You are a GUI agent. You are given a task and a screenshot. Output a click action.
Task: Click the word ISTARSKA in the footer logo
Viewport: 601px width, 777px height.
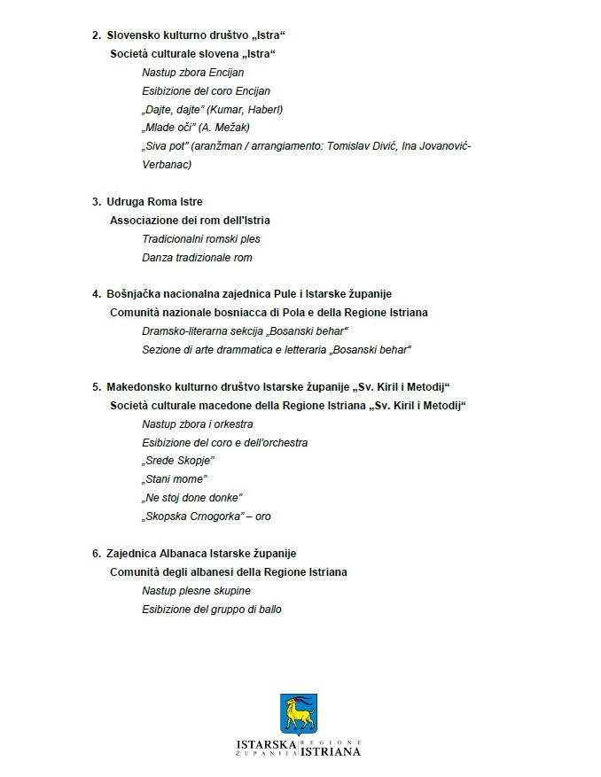point(267,744)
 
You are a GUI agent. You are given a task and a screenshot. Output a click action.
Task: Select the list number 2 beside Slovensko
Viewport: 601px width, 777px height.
point(96,35)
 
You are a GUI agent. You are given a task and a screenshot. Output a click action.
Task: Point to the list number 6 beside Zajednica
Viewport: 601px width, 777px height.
point(96,554)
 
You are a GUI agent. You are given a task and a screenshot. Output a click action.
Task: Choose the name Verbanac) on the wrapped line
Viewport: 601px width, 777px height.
point(167,165)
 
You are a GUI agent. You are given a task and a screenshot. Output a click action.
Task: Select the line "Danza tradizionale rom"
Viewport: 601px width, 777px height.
point(197,258)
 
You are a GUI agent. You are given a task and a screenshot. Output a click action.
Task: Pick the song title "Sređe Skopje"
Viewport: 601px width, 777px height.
point(178,461)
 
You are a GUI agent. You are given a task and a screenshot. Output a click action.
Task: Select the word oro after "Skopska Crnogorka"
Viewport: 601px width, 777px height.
point(263,517)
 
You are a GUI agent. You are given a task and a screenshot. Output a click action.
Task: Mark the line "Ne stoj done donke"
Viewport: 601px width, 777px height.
point(192,498)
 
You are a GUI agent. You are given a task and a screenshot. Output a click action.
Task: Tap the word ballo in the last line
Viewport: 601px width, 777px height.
point(269,610)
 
